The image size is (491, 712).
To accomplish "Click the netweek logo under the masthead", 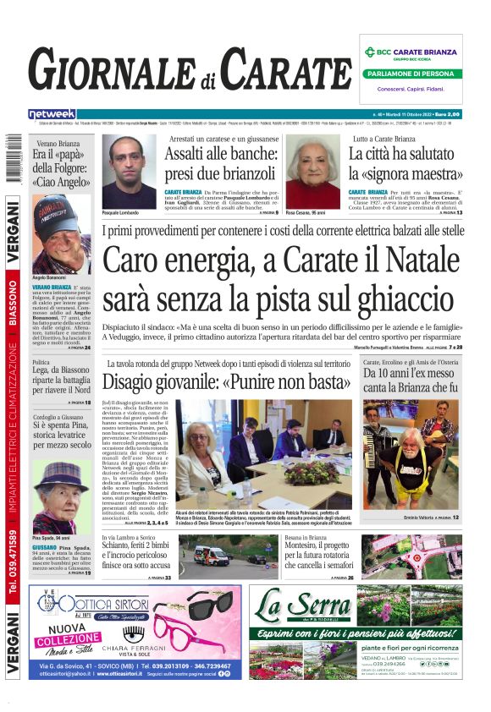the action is tap(52, 113).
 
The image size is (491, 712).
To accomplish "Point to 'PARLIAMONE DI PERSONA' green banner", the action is tap(411, 73).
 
